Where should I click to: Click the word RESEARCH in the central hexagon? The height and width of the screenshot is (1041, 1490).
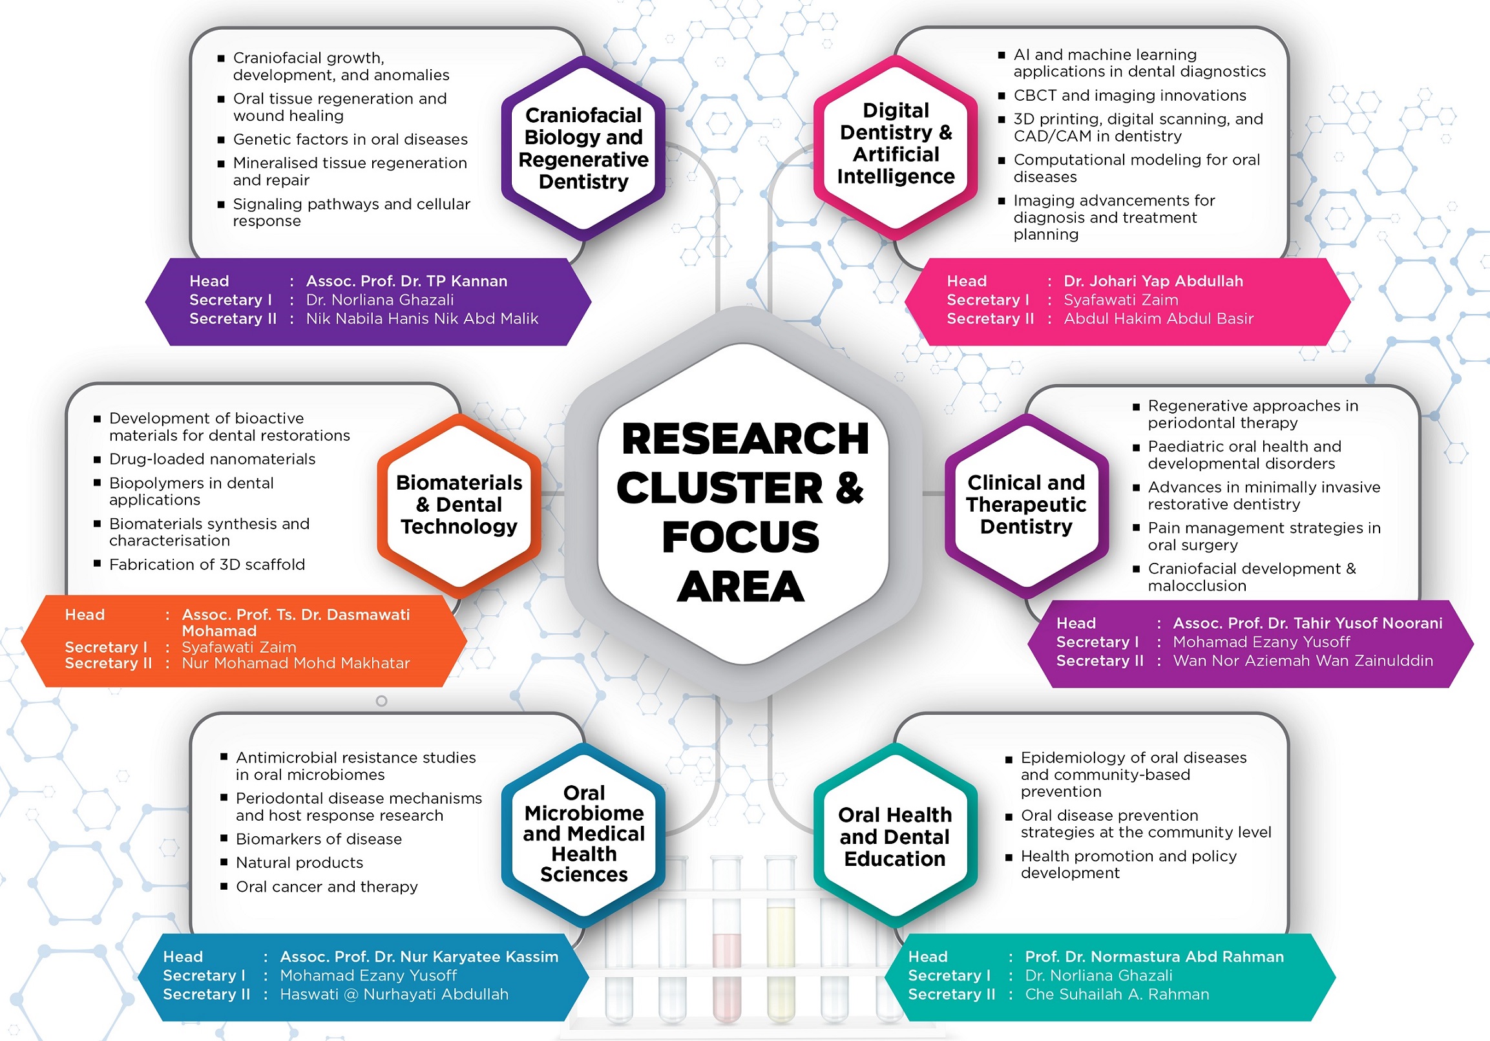coord(744,439)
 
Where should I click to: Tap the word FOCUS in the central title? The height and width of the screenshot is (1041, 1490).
coord(740,538)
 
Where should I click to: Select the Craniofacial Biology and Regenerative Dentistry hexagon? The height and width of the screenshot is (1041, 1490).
coord(583,148)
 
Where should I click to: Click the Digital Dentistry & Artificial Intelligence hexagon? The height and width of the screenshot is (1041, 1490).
coord(896,143)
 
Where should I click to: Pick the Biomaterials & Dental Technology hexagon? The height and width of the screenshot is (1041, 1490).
coord(459,505)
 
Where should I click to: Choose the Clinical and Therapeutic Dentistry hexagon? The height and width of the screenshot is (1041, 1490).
coord(1026,505)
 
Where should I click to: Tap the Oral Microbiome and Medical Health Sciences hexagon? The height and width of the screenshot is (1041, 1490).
coord(583,834)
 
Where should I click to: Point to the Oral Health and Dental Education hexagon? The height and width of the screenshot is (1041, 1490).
coord(895,837)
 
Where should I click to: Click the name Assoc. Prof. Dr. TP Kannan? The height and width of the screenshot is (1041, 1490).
coord(406,281)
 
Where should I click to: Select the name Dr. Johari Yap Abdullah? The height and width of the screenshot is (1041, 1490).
coord(1153,281)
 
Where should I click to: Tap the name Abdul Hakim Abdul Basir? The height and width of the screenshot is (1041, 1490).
coord(1159,319)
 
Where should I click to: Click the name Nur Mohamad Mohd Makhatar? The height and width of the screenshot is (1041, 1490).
coord(296,663)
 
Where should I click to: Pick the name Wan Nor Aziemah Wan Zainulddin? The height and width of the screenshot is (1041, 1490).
coord(1303,660)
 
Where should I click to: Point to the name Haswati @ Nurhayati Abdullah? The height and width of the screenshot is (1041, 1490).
coord(394,994)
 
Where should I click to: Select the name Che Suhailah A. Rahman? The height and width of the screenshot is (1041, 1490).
coord(1117,994)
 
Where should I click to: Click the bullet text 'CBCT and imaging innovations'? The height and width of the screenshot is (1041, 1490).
coord(1130,96)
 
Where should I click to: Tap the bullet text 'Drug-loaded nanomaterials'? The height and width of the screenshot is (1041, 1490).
coord(212,459)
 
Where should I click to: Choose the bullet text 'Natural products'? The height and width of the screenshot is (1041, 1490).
coord(299,863)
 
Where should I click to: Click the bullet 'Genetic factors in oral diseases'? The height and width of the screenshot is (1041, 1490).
coord(350,140)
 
